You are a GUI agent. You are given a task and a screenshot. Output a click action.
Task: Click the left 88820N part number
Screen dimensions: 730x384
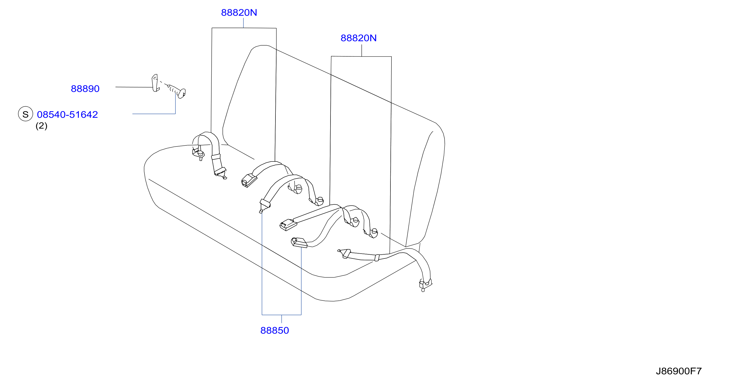coord(239,12)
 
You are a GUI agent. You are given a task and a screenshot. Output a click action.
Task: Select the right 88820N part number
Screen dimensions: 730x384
coord(358,38)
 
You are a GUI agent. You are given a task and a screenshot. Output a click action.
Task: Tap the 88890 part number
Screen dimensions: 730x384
coord(85,89)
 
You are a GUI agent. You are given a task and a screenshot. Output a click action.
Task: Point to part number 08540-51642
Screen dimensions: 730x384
coord(67,115)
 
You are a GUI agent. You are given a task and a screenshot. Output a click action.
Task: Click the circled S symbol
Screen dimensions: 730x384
coord(26,114)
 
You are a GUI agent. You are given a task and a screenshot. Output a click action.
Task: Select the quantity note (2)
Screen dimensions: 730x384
coord(41,126)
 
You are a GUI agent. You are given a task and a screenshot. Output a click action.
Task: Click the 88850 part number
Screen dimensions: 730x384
coord(275,330)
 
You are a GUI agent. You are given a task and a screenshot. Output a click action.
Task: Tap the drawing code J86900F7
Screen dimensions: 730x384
coord(679,371)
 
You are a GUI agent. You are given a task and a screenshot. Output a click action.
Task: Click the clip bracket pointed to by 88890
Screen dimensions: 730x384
coord(155,83)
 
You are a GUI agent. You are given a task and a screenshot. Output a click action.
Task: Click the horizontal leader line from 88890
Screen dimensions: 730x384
coord(134,87)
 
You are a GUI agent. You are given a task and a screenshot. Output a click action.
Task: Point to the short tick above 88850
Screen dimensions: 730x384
coord(282,319)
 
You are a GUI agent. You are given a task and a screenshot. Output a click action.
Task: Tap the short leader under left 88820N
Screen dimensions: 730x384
coord(243,23)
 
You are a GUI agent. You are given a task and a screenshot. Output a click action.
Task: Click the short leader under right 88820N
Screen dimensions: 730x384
coord(362,50)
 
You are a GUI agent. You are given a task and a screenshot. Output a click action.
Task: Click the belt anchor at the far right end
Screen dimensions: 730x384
coord(425,285)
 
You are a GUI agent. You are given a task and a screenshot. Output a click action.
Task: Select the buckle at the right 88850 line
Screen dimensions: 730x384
coord(299,243)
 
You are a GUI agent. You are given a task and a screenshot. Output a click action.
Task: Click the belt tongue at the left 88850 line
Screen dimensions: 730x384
coord(264,205)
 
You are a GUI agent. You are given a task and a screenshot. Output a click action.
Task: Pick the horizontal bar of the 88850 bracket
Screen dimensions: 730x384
coord(282,315)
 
